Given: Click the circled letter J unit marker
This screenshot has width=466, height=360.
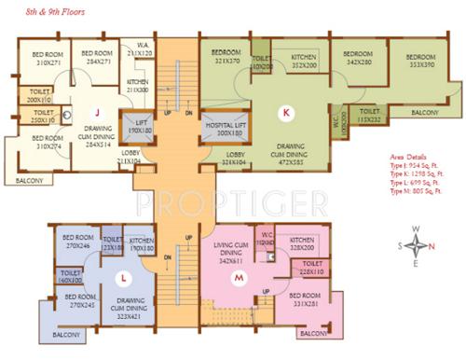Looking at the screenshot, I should point(96,115).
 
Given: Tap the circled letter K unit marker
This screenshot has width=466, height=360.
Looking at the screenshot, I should point(286,114).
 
